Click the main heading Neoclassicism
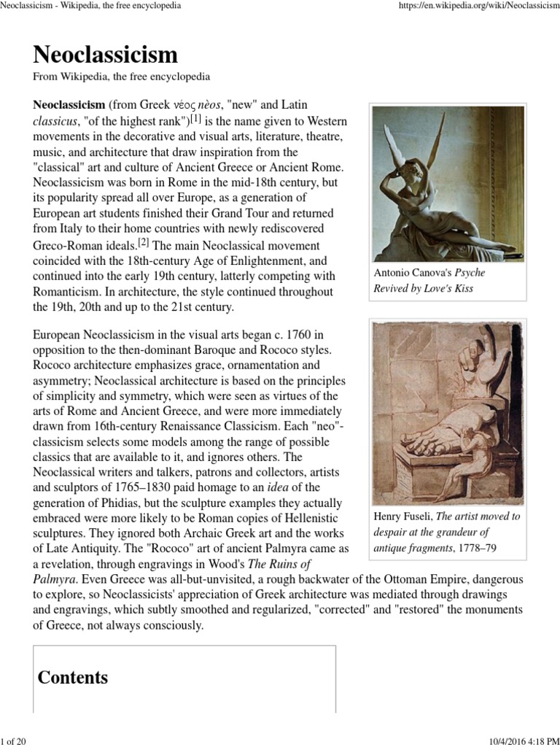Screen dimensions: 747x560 [x=105, y=55]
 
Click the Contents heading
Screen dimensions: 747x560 [x=73, y=678]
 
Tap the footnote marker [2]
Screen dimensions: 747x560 [x=144, y=242]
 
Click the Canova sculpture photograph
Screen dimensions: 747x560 [x=448, y=184]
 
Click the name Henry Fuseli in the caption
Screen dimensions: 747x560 [x=402, y=516]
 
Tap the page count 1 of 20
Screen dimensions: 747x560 [x=14, y=741]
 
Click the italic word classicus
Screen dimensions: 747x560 [x=55, y=120]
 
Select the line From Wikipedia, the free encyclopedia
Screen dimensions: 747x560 [x=122, y=77]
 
